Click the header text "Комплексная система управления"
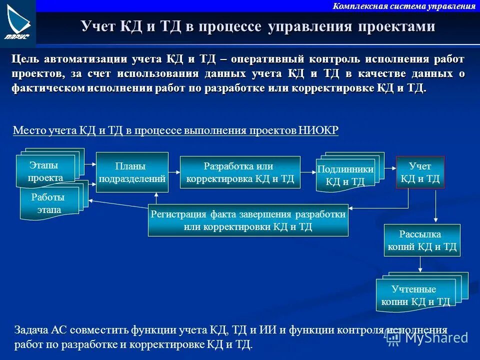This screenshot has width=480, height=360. (x=404, y=6)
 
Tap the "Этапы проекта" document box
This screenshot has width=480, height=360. (x=45, y=171)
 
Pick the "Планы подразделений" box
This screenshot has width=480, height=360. (x=132, y=172)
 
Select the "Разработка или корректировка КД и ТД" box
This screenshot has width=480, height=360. (x=240, y=172)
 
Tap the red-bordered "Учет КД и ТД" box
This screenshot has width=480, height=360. (x=420, y=172)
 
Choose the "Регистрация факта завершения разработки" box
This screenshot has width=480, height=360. (x=248, y=220)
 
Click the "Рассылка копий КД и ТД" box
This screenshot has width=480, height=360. (x=422, y=240)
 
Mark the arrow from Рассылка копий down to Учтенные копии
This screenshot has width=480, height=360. (x=420, y=265)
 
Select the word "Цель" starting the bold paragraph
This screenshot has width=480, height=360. (x=25, y=59)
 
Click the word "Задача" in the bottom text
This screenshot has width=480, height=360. (x=31, y=330)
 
